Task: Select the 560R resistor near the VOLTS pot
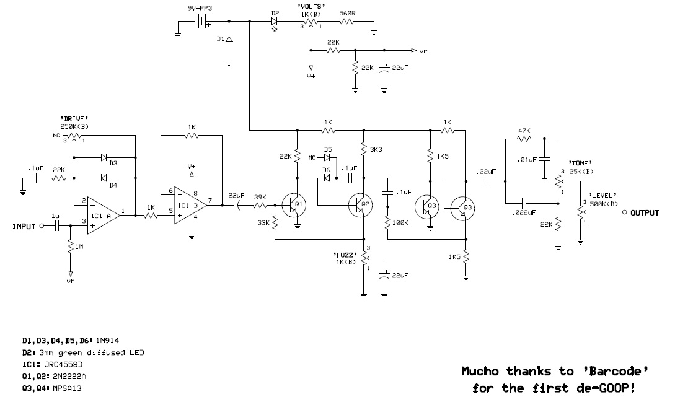pos(346,22)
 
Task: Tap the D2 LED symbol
pos(275,22)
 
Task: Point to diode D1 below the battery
pos(229,40)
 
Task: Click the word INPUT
pos(24,227)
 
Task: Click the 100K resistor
pos(386,222)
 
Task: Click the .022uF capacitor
pos(524,203)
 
